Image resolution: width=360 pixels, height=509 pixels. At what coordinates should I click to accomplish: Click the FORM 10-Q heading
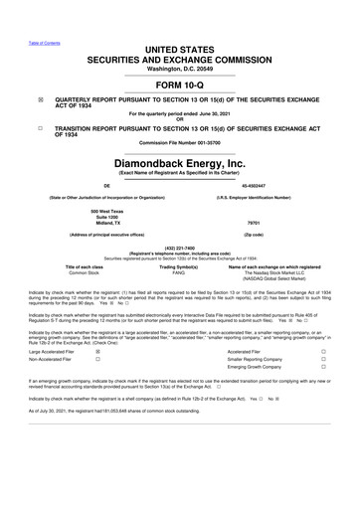click(179, 83)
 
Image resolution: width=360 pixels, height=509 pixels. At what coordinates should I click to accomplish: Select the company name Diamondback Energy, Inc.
click(179, 163)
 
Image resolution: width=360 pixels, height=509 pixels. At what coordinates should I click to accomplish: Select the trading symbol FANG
click(179, 273)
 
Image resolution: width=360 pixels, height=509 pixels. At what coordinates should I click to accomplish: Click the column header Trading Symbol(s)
click(179, 267)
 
